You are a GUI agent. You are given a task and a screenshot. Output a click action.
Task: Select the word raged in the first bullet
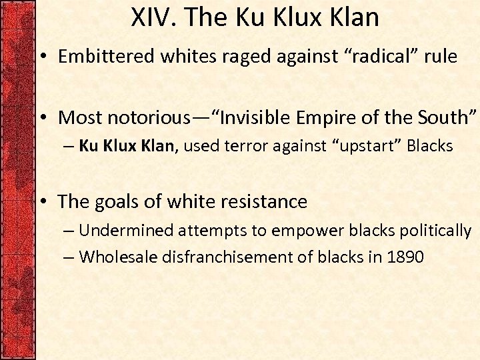241,57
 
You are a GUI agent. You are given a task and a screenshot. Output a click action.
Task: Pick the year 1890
404,257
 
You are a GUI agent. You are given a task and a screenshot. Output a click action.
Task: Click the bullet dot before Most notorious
42,119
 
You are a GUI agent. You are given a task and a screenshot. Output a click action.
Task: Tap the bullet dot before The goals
42,202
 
